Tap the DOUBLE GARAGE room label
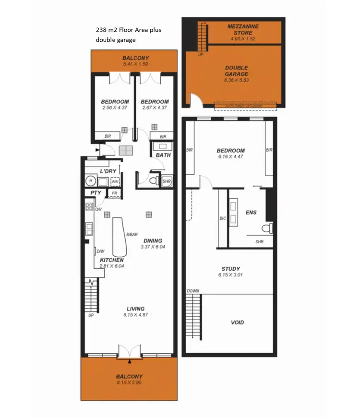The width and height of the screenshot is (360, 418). (236, 71)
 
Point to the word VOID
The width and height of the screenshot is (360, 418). (237, 322)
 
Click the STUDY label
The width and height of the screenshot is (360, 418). (231, 269)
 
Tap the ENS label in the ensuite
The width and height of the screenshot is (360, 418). (251, 212)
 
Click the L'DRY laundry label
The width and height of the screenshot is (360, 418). (108, 171)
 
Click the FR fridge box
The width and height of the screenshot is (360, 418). (114, 193)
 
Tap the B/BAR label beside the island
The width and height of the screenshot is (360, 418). (132, 234)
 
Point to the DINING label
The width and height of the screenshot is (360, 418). (152, 241)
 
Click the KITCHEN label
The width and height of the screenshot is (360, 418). (111, 260)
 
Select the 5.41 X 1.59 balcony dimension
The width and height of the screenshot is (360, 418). (136, 64)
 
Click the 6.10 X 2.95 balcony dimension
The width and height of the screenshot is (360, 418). (129, 383)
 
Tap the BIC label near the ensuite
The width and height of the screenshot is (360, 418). (223, 218)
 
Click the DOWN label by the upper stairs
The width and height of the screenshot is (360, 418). (192, 291)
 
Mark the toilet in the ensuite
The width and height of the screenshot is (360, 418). (268, 227)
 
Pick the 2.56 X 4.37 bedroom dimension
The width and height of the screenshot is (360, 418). (115, 108)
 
